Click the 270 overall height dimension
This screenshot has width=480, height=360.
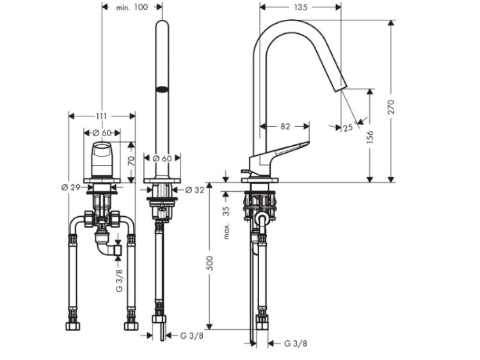pos(392,107)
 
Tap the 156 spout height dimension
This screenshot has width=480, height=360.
pos(370,137)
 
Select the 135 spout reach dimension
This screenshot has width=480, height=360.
pos(300,7)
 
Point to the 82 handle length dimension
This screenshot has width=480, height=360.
pos(285,127)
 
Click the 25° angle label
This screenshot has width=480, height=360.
pos(349,127)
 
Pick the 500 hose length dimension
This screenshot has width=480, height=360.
pos(210,263)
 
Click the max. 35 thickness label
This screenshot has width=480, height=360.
pos(226,223)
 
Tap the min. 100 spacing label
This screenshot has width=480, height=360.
pos(132,7)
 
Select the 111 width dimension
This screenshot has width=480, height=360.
pos(101,116)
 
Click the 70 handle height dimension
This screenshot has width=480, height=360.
pos(131,161)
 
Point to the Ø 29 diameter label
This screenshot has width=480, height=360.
pos(70,187)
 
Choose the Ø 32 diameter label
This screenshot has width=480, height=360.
pos(195,190)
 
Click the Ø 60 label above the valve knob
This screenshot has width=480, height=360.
pos(102,133)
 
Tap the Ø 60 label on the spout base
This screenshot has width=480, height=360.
pos(163,159)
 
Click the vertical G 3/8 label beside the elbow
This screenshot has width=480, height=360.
pos(120,281)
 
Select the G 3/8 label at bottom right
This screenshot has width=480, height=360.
pos(296,343)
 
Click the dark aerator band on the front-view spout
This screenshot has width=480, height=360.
pos(162,90)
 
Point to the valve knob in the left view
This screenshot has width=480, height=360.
pos(102,159)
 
